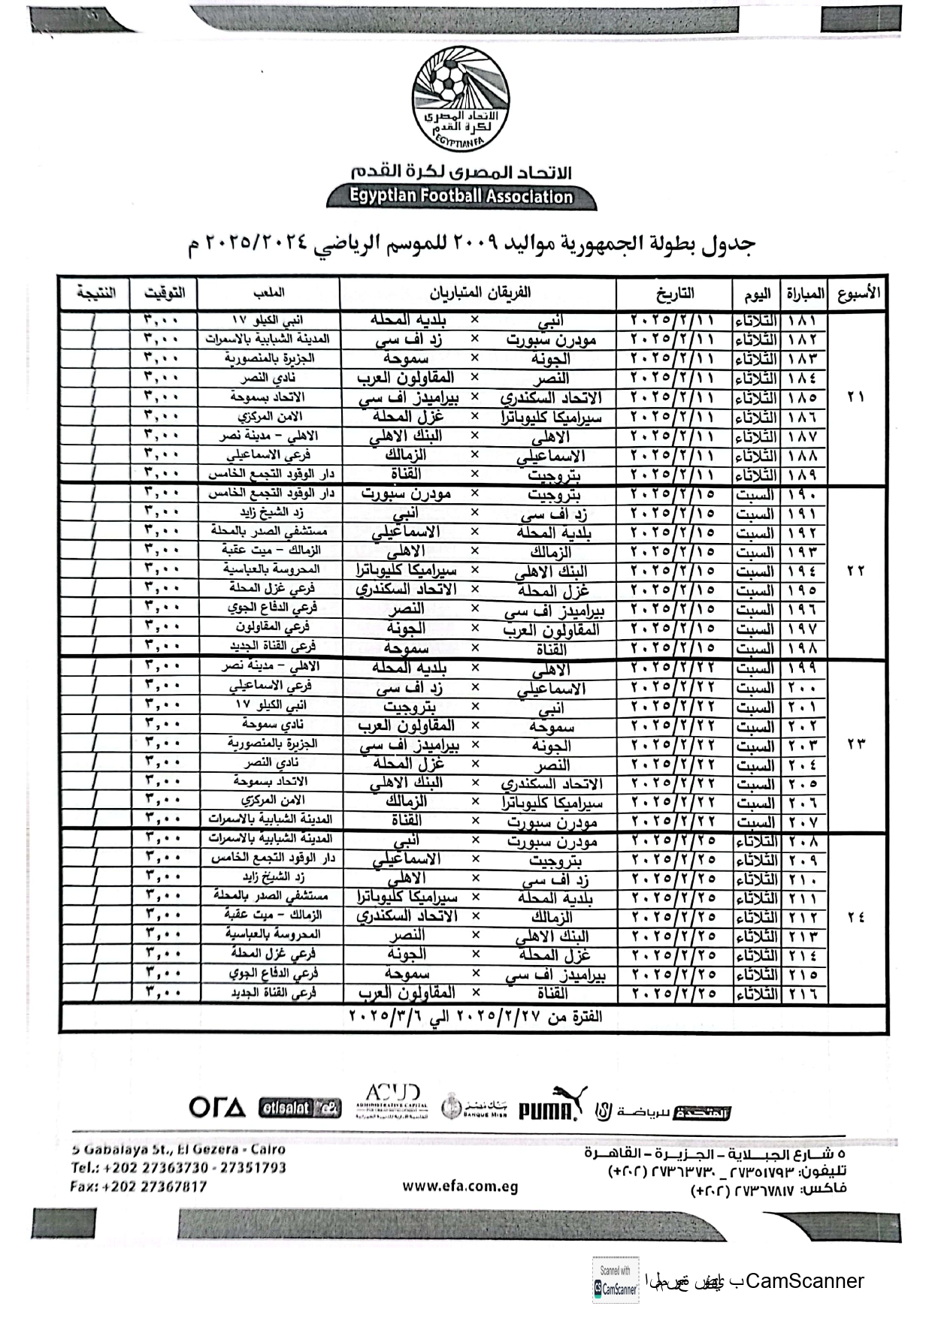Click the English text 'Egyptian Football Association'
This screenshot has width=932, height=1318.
click(461, 197)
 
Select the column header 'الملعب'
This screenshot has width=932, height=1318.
click(268, 293)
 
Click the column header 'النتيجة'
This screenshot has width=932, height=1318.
click(95, 293)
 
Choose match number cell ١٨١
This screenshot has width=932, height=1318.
click(803, 321)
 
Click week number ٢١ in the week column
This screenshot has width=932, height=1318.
click(856, 397)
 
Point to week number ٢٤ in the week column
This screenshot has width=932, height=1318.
click(856, 917)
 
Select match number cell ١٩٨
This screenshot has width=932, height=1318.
click(803, 648)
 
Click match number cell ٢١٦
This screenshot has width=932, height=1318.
click(803, 994)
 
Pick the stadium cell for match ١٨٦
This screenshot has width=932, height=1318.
click(268, 417)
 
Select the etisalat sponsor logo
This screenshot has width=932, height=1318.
click(299, 1108)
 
